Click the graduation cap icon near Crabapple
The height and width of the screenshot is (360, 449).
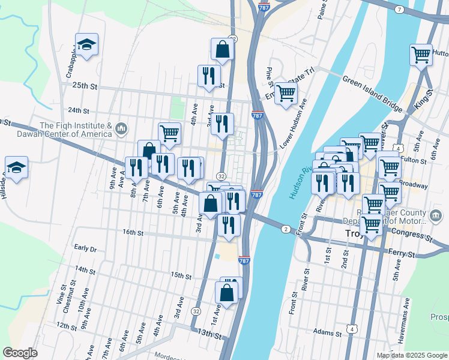point(86,45)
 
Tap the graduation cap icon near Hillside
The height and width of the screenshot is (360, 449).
point(16,168)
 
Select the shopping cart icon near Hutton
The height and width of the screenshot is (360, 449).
point(421,55)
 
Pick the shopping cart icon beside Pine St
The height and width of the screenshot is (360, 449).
point(286,93)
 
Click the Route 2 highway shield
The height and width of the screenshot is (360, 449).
point(286,229)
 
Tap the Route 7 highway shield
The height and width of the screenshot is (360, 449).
point(399,10)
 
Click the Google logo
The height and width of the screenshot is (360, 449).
point(20,353)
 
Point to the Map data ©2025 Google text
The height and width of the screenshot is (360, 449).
point(412,355)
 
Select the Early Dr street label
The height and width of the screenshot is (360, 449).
point(85,248)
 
